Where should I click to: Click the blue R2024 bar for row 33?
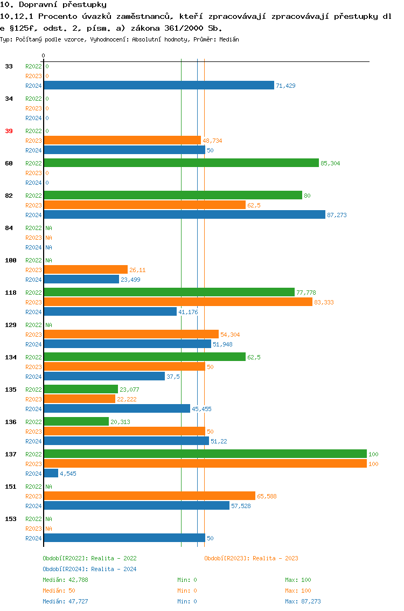(x=159, y=85)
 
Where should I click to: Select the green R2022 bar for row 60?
(x=181, y=163)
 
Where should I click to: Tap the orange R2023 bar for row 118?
(x=178, y=302)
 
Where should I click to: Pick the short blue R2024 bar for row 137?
(x=51, y=473)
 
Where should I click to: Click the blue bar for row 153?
(x=124, y=538)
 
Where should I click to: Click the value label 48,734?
(x=212, y=141)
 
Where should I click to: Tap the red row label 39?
(x=9, y=131)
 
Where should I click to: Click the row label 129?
(x=11, y=325)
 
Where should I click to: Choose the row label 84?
(x=9, y=228)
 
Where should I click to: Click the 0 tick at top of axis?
(x=43, y=55)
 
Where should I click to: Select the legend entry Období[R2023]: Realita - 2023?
(x=251, y=558)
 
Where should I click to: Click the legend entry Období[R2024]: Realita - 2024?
(x=89, y=569)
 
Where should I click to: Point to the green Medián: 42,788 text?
(x=65, y=580)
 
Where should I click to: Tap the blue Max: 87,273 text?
(x=303, y=601)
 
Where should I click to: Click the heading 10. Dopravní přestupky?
(x=53, y=5)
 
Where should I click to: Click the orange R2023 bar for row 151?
(x=149, y=496)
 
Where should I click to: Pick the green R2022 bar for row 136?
(x=76, y=421)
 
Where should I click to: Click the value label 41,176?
(x=188, y=312)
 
